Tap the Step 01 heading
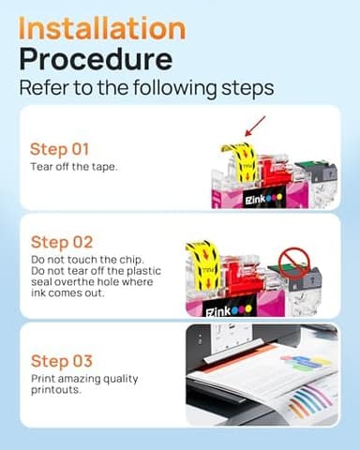[x=61, y=148]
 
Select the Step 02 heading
[x=63, y=242]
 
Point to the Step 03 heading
[x=63, y=361]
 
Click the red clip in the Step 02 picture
[x=242, y=268]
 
